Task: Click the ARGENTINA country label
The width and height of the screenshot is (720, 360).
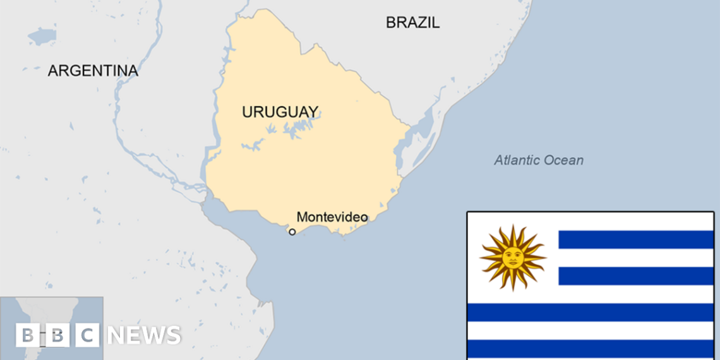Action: coord(93,71)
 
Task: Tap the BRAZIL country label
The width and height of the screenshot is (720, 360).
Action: coord(412,23)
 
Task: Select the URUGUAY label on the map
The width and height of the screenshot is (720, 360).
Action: coord(280,112)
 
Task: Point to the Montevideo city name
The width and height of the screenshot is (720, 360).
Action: coord(332,217)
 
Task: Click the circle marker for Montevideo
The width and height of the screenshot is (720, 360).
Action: coord(292,232)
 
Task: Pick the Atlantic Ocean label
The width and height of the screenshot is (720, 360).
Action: coord(538,160)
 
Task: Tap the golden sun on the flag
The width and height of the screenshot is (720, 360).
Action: coord(512,257)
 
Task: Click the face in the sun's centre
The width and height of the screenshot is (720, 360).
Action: coord(512,257)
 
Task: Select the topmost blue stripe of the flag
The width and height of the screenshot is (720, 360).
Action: coord(635,239)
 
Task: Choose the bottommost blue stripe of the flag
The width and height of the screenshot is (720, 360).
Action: coord(590,349)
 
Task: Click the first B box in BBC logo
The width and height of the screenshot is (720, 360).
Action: coord(26,335)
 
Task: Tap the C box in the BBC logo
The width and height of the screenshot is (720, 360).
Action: coord(88,335)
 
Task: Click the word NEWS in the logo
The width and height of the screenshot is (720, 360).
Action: coord(144,335)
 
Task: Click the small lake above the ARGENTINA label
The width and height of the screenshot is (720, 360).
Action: coord(42,36)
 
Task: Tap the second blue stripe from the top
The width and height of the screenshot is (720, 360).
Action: coord(635,276)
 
